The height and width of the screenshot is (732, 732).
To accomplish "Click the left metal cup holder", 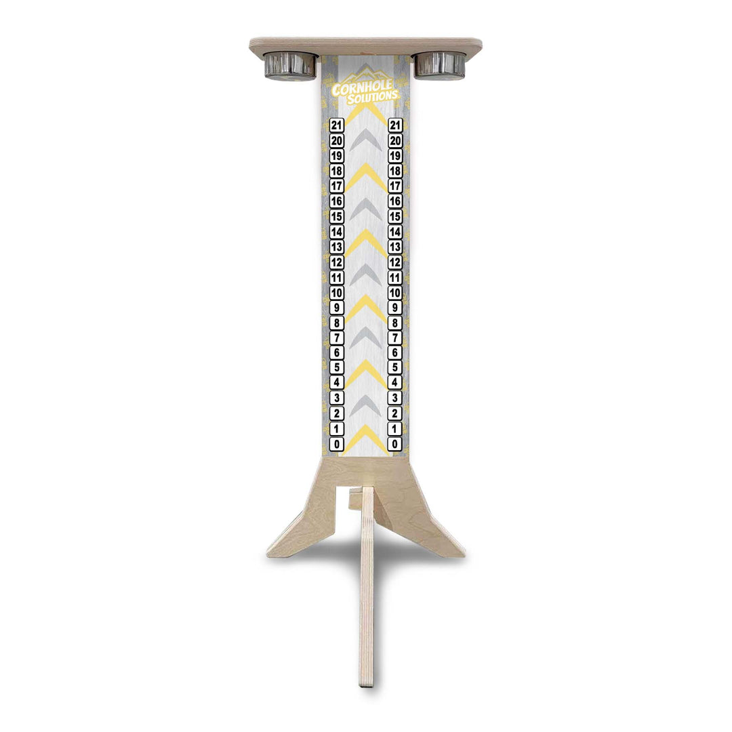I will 290,65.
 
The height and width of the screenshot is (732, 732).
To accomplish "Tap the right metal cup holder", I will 440,64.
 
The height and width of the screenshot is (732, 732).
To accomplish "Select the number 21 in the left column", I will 337,125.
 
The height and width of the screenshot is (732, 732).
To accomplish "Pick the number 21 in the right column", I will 395,125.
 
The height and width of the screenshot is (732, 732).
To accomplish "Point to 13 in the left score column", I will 337,247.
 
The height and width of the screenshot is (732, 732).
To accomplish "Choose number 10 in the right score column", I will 395,293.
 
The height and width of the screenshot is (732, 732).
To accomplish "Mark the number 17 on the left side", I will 337,186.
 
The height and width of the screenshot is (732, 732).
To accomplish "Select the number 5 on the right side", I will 395,368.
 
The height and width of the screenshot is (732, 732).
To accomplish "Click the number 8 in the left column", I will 337,323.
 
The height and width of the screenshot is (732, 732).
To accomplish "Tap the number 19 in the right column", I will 395,156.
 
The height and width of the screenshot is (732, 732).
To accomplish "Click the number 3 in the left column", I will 337,399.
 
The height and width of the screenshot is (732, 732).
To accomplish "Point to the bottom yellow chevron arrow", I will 366,437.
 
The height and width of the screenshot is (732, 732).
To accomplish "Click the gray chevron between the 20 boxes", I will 366,139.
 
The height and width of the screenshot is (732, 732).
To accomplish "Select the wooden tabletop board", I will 366,45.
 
